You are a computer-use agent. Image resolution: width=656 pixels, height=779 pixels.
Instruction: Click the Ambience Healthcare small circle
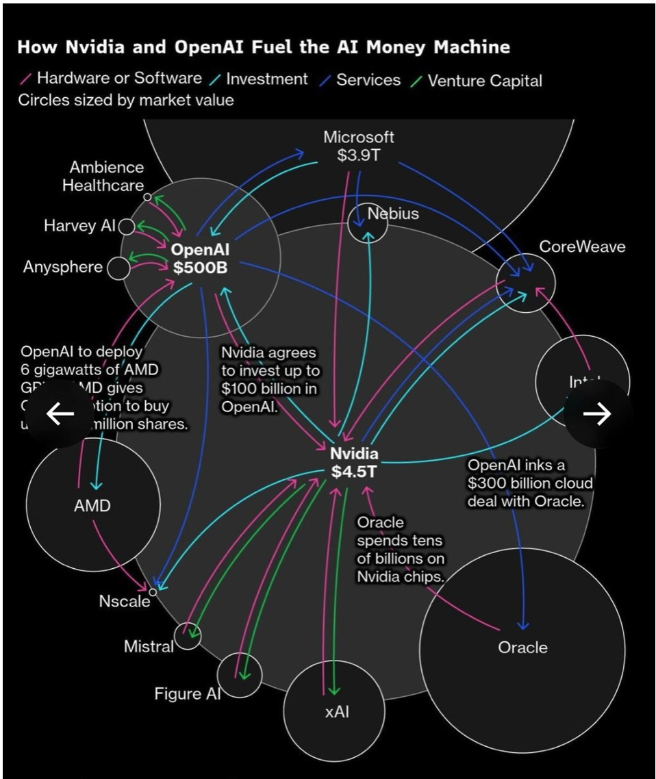(147, 197)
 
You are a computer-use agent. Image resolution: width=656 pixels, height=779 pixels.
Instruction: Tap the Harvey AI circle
(127, 227)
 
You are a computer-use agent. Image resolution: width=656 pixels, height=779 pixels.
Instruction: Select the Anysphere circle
(118, 268)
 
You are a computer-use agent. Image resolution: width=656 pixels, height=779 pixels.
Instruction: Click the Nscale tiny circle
(153, 592)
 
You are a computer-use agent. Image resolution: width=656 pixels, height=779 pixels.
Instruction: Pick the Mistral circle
(187, 636)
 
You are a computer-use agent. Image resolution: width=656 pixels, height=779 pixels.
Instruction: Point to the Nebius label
(393, 214)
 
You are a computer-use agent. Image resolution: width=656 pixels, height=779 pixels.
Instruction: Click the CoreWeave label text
(582, 247)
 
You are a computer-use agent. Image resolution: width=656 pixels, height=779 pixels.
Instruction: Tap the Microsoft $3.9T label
(359, 146)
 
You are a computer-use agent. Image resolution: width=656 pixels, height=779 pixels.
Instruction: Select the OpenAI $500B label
(200, 258)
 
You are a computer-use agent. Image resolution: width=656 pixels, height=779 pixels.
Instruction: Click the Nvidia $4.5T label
(354, 462)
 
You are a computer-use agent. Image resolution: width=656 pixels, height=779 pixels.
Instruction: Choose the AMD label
(92, 507)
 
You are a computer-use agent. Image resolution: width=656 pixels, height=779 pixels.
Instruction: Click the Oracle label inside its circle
(522, 647)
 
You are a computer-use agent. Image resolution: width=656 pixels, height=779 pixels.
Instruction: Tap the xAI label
(337, 712)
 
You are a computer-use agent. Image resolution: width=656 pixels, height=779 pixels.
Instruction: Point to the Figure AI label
(187, 693)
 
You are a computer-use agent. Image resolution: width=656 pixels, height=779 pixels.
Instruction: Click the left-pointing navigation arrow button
(60, 413)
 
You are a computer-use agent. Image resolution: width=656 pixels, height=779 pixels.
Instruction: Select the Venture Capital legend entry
(483, 81)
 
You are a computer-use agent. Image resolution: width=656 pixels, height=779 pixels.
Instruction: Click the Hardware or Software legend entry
(119, 79)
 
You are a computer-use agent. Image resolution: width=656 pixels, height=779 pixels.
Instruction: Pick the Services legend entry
(368, 80)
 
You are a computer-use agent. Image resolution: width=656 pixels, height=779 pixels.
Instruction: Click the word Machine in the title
(472, 47)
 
